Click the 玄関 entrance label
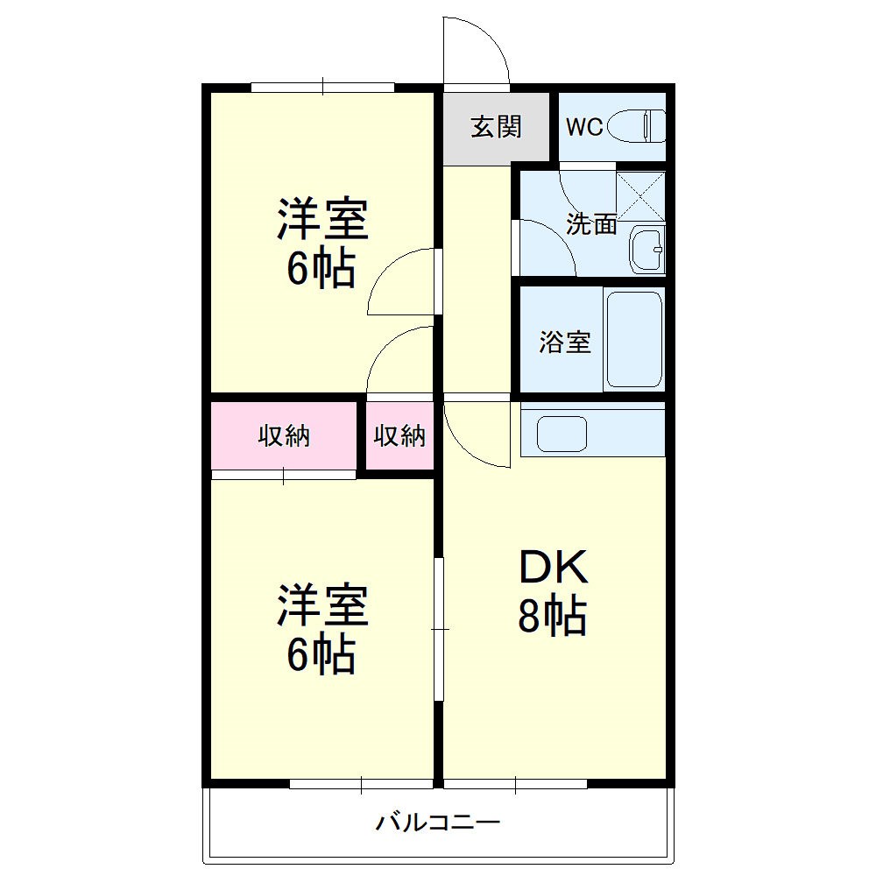click(x=496, y=127)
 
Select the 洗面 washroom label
click(x=591, y=224)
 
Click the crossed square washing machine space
click(x=640, y=196)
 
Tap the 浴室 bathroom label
click(x=564, y=342)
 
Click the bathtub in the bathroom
click(x=633, y=340)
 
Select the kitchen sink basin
click(x=562, y=433)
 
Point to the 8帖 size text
click(x=552, y=617)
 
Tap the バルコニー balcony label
click(x=438, y=823)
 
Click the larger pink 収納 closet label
click(x=283, y=436)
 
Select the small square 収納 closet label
click(x=399, y=436)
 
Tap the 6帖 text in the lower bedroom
click(x=321, y=653)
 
